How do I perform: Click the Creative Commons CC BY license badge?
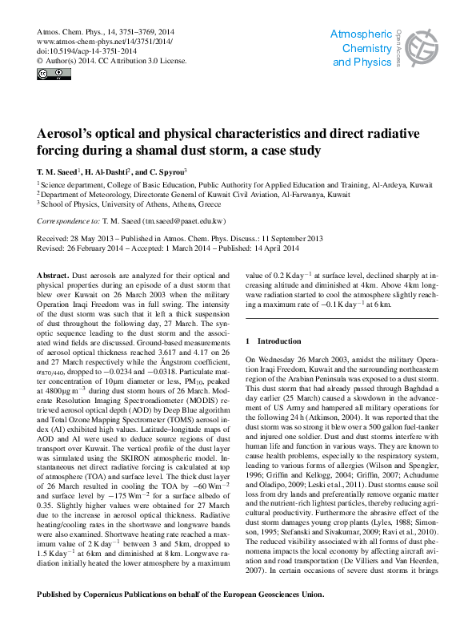pyautogui.click(x=54, y=75)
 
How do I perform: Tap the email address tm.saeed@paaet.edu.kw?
pyautogui.click(x=184, y=220)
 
